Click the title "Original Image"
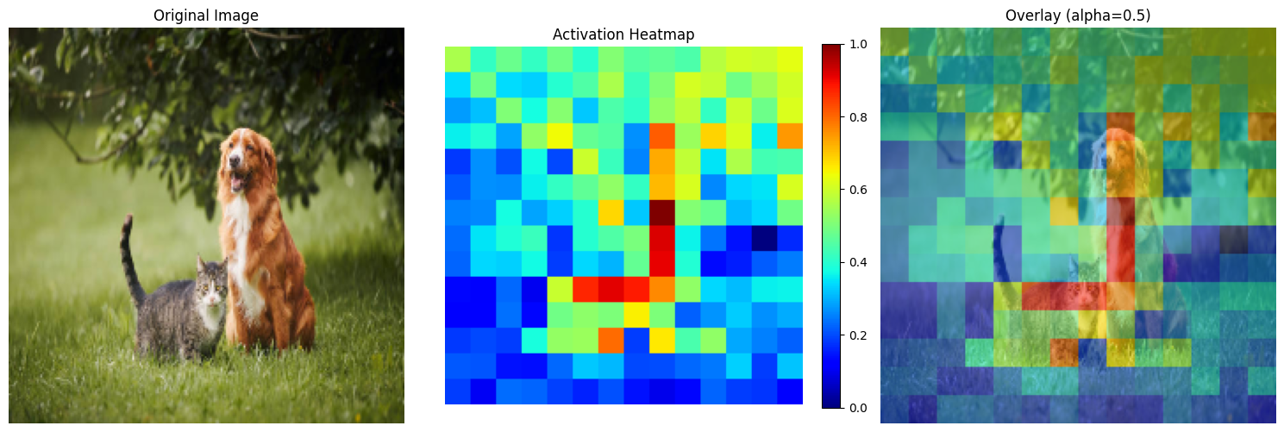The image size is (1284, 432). click(205, 15)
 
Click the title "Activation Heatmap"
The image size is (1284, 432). click(623, 34)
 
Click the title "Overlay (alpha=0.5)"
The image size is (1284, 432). click(1077, 15)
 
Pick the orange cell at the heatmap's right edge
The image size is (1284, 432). click(789, 135)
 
